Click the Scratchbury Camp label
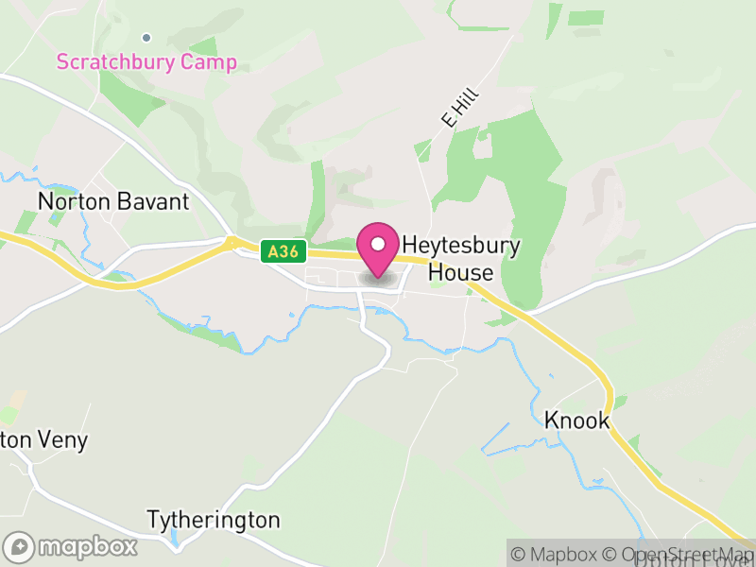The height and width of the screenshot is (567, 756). click(x=146, y=62)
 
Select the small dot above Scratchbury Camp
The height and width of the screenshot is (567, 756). click(x=146, y=38)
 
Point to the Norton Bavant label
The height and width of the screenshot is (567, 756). click(x=113, y=201)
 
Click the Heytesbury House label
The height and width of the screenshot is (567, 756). click(x=461, y=258)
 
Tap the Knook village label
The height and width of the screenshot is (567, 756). click(x=577, y=421)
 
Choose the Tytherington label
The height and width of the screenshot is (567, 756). click(x=214, y=521)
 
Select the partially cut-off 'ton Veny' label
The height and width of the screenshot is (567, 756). click(x=44, y=439)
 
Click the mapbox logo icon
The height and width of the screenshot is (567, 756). click(x=19, y=547)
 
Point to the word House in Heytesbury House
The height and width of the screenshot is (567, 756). click(x=461, y=273)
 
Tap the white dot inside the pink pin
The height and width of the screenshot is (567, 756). click(x=378, y=244)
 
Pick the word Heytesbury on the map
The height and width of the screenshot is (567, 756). click(x=462, y=244)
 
